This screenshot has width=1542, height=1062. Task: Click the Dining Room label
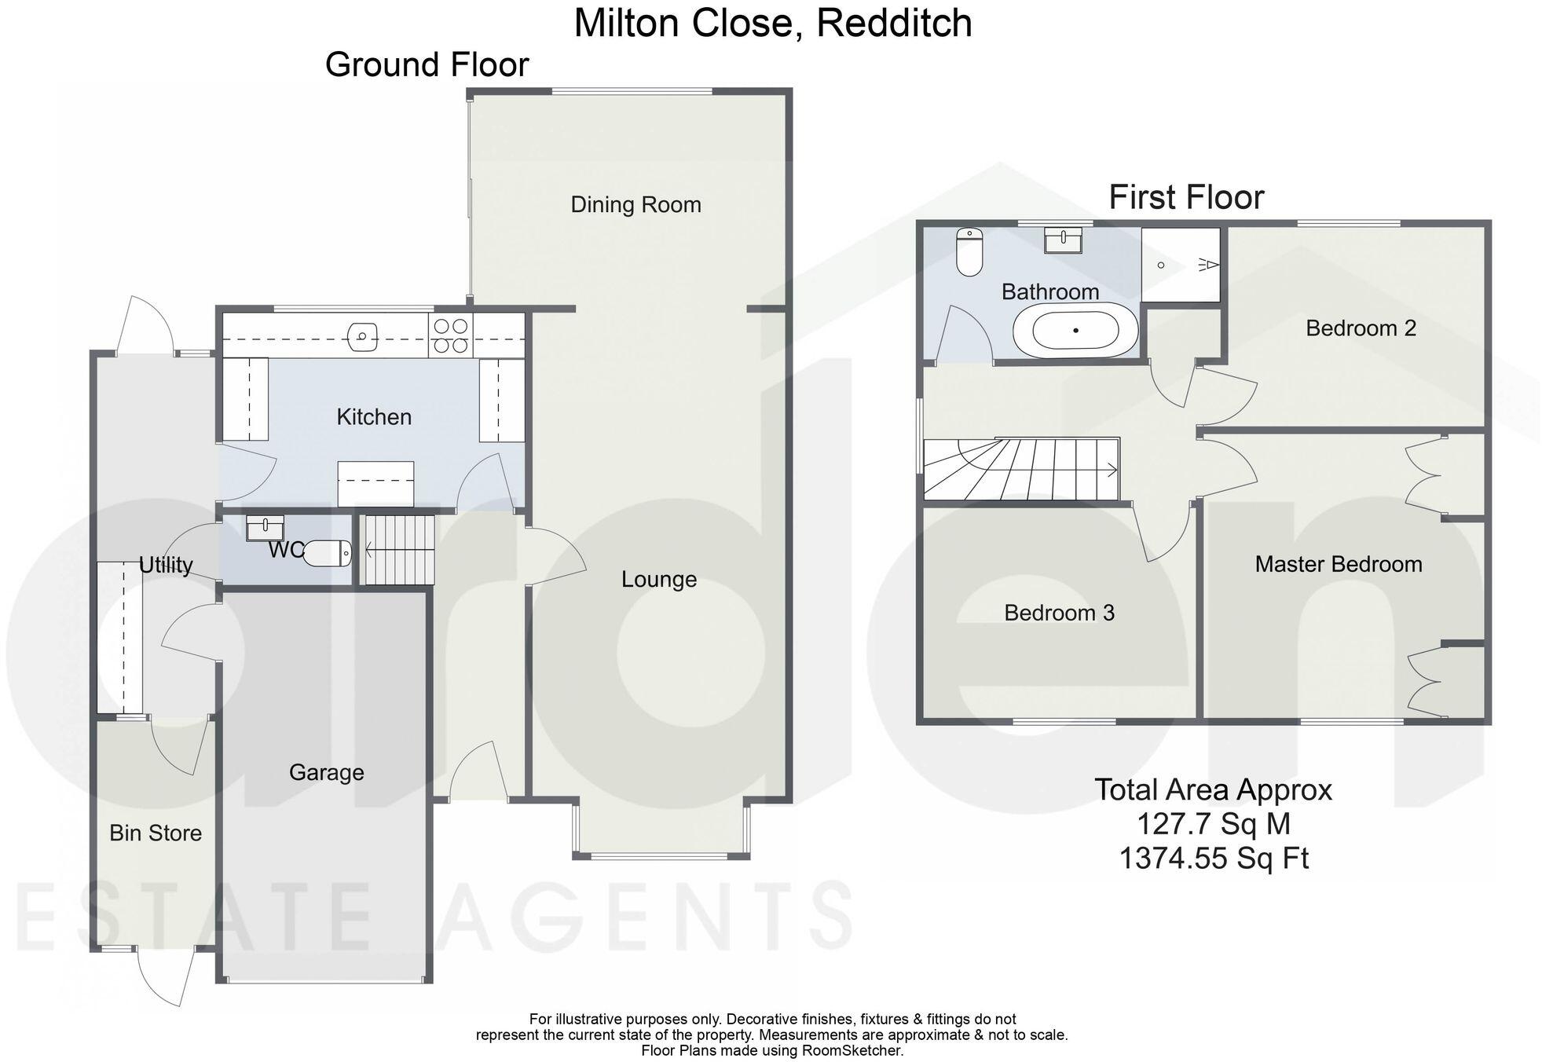(x=635, y=205)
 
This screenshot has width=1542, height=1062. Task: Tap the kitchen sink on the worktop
(x=363, y=337)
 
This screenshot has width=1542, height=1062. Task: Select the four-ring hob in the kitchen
(x=451, y=335)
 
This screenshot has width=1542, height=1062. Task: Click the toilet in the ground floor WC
(x=327, y=553)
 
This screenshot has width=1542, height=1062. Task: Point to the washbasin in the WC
(x=264, y=528)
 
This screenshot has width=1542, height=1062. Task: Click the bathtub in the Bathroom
(x=1075, y=331)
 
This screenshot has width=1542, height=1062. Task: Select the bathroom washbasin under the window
(x=1063, y=240)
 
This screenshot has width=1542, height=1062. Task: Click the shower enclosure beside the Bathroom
(x=1181, y=265)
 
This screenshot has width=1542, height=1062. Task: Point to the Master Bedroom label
(x=1338, y=564)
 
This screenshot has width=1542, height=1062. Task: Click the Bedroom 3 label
(x=1059, y=613)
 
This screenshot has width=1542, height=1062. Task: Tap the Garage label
(x=326, y=773)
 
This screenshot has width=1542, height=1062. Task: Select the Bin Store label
(x=156, y=833)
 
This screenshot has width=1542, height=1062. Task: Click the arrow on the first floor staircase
(x=1111, y=471)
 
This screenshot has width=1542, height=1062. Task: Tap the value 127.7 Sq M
(x=1214, y=824)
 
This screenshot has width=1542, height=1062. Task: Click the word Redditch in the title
(x=894, y=23)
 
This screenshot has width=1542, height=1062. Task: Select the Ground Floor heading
(x=427, y=64)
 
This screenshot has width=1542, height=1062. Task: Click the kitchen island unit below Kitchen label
(x=375, y=483)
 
